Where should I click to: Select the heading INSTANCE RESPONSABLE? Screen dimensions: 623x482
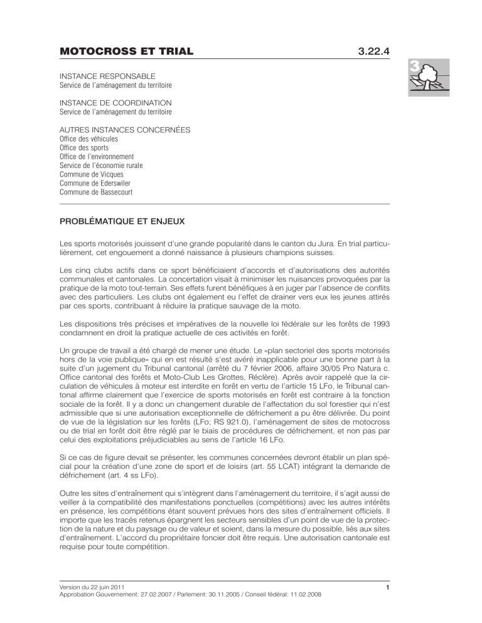[107, 75]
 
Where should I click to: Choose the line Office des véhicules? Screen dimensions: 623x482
[88, 139]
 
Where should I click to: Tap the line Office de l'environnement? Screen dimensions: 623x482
[96, 156]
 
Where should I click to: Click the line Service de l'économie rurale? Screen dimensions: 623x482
[101, 165]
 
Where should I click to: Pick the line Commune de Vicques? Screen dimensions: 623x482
[91, 174]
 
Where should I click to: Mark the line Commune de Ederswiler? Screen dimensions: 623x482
[95, 183]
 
